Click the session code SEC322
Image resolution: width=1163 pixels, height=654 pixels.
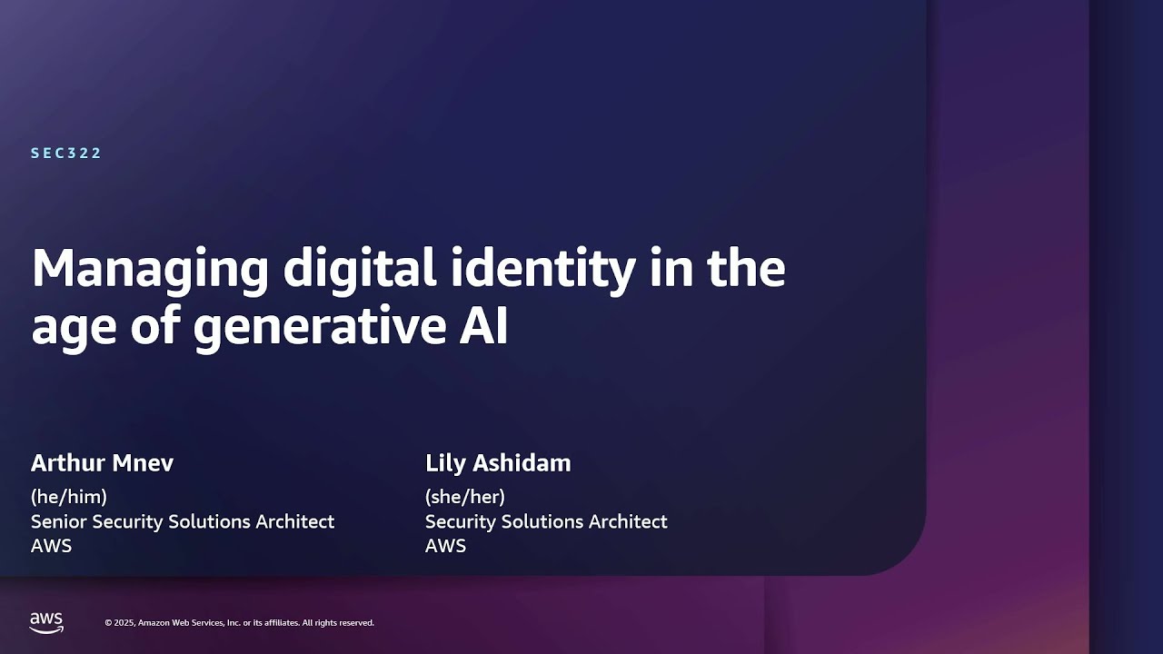pos(66,153)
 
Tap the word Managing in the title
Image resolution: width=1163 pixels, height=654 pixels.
pos(150,269)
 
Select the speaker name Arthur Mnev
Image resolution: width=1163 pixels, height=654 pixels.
pos(102,462)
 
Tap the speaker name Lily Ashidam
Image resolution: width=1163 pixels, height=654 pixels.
pos(498,462)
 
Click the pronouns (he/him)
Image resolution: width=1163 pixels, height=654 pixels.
pos(69,496)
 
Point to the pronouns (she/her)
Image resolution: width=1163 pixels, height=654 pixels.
pos(465,496)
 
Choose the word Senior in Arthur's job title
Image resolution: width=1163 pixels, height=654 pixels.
pos(58,521)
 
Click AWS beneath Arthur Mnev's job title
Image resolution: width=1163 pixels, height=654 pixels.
pos(51,545)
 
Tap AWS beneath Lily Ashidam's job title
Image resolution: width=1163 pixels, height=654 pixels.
pos(445,545)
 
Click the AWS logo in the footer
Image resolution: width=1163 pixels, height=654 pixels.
pos(46,622)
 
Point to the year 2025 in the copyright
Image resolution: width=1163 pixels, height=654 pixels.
pos(125,623)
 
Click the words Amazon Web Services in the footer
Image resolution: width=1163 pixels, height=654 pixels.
pos(179,623)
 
